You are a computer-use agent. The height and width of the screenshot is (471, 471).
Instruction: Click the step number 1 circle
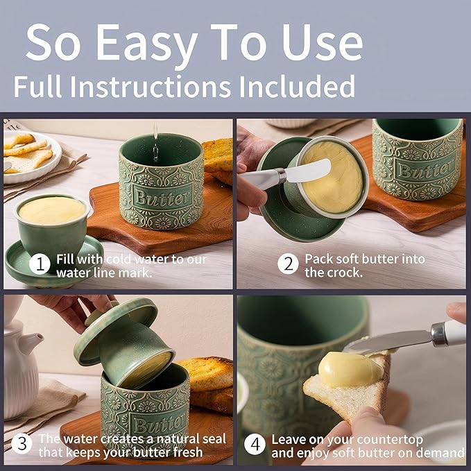[42, 264]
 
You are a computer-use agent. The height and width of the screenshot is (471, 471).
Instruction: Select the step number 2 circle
[288, 264]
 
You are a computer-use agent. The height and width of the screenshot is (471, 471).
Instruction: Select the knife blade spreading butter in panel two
[308, 171]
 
